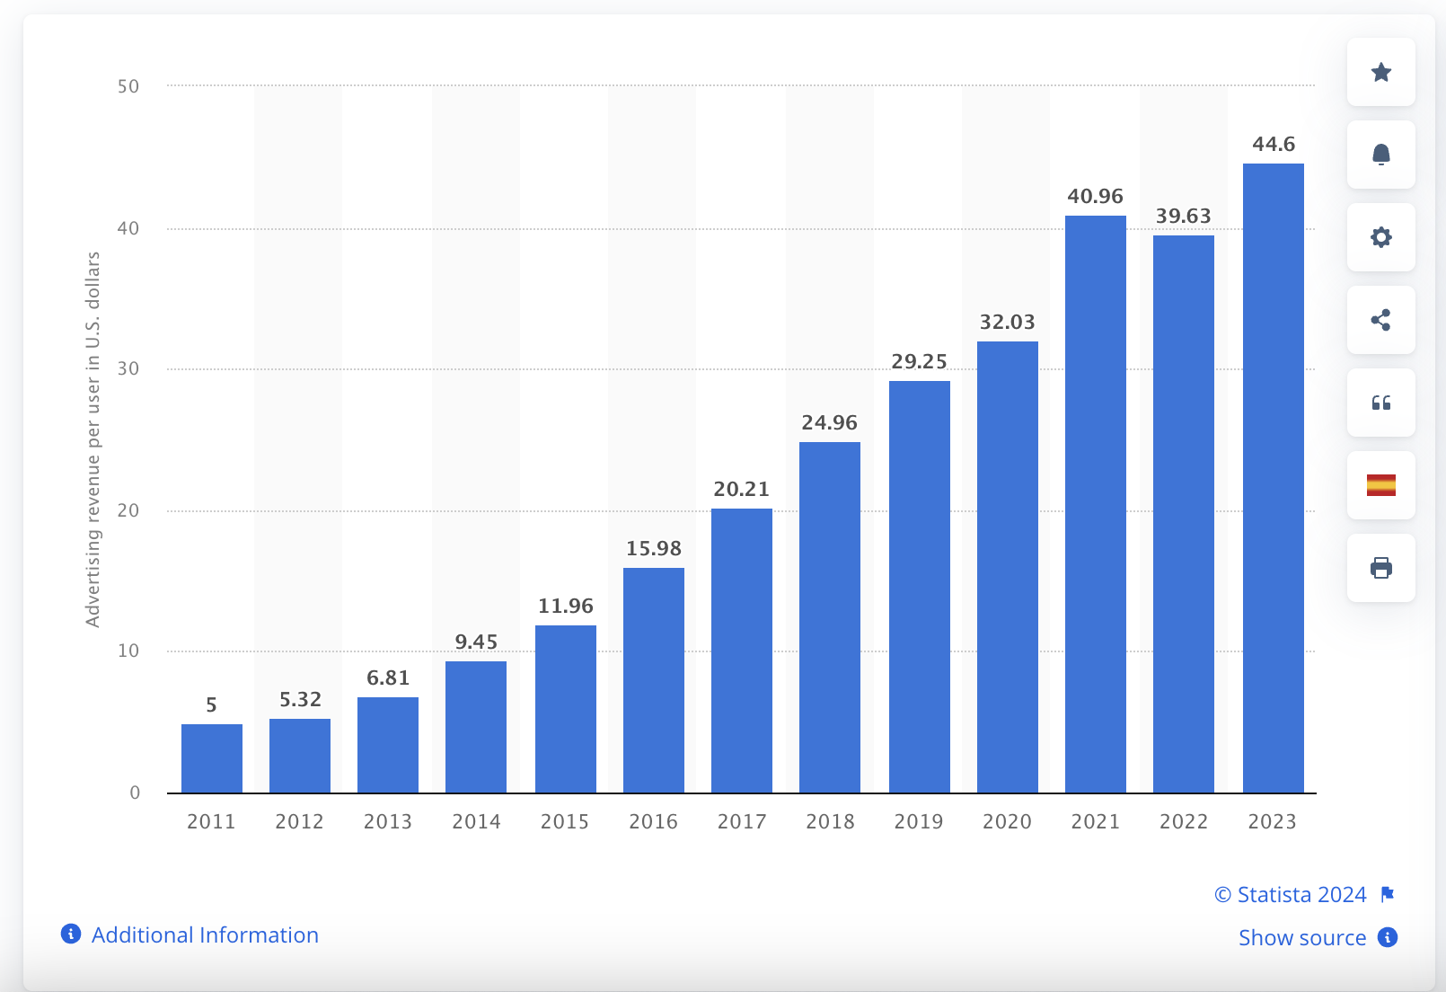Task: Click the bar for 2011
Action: (x=212, y=758)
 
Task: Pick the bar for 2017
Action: (x=742, y=651)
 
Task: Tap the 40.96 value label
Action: (x=1095, y=196)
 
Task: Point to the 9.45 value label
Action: (x=476, y=642)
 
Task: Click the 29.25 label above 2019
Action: (x=919, y=361)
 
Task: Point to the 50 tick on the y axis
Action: (x=128, y=86)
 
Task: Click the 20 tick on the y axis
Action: (x=128, y=510)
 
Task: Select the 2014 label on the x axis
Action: (x=476, y=821)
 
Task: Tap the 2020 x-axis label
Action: (x=1007, y=821)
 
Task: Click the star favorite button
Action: (x=1381, y=72)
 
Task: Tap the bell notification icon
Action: (x=1381, y=155)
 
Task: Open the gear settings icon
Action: (x=1381, y=237)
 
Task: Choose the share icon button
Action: (x=1381, y=320)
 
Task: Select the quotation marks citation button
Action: (x=1381, y=403)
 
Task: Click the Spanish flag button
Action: (x=1381, y=485)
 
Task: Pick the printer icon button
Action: (x=1381, y=568)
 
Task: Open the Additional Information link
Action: (x=205, y=934)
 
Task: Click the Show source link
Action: (x=1302, y=937)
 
